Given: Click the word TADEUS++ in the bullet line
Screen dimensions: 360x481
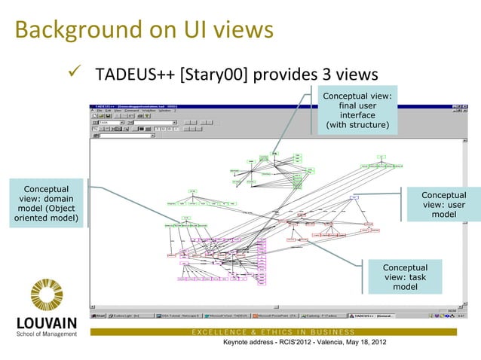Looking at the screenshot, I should point(129,75).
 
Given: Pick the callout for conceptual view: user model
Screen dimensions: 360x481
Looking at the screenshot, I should point(443,204).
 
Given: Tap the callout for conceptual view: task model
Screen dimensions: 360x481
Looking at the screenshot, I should point(405,277).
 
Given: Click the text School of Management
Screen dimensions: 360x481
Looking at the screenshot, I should point(47,335).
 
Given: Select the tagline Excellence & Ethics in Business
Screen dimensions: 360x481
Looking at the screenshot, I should point(273,332).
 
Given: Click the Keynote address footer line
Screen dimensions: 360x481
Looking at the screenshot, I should point(305,343).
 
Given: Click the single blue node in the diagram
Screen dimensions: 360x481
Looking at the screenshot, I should point(354,197).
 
